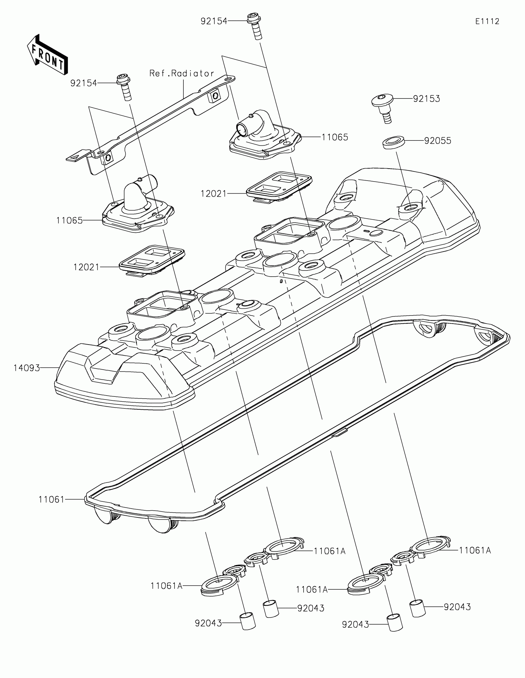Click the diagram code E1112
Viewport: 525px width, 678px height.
(487, 21)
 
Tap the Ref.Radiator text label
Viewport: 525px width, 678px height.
(182, 73)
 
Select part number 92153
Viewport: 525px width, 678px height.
(426, 99)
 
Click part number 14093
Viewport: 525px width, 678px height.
(27, 368)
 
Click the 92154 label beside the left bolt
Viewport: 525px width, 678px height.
(83, 83)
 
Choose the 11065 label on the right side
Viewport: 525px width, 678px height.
(335, 137)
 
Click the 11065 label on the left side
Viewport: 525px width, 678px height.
(69, 220)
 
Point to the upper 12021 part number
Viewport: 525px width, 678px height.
(214, 194)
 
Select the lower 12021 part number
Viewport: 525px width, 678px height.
(86, 267)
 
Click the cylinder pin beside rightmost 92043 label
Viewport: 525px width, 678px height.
(417, 608)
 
